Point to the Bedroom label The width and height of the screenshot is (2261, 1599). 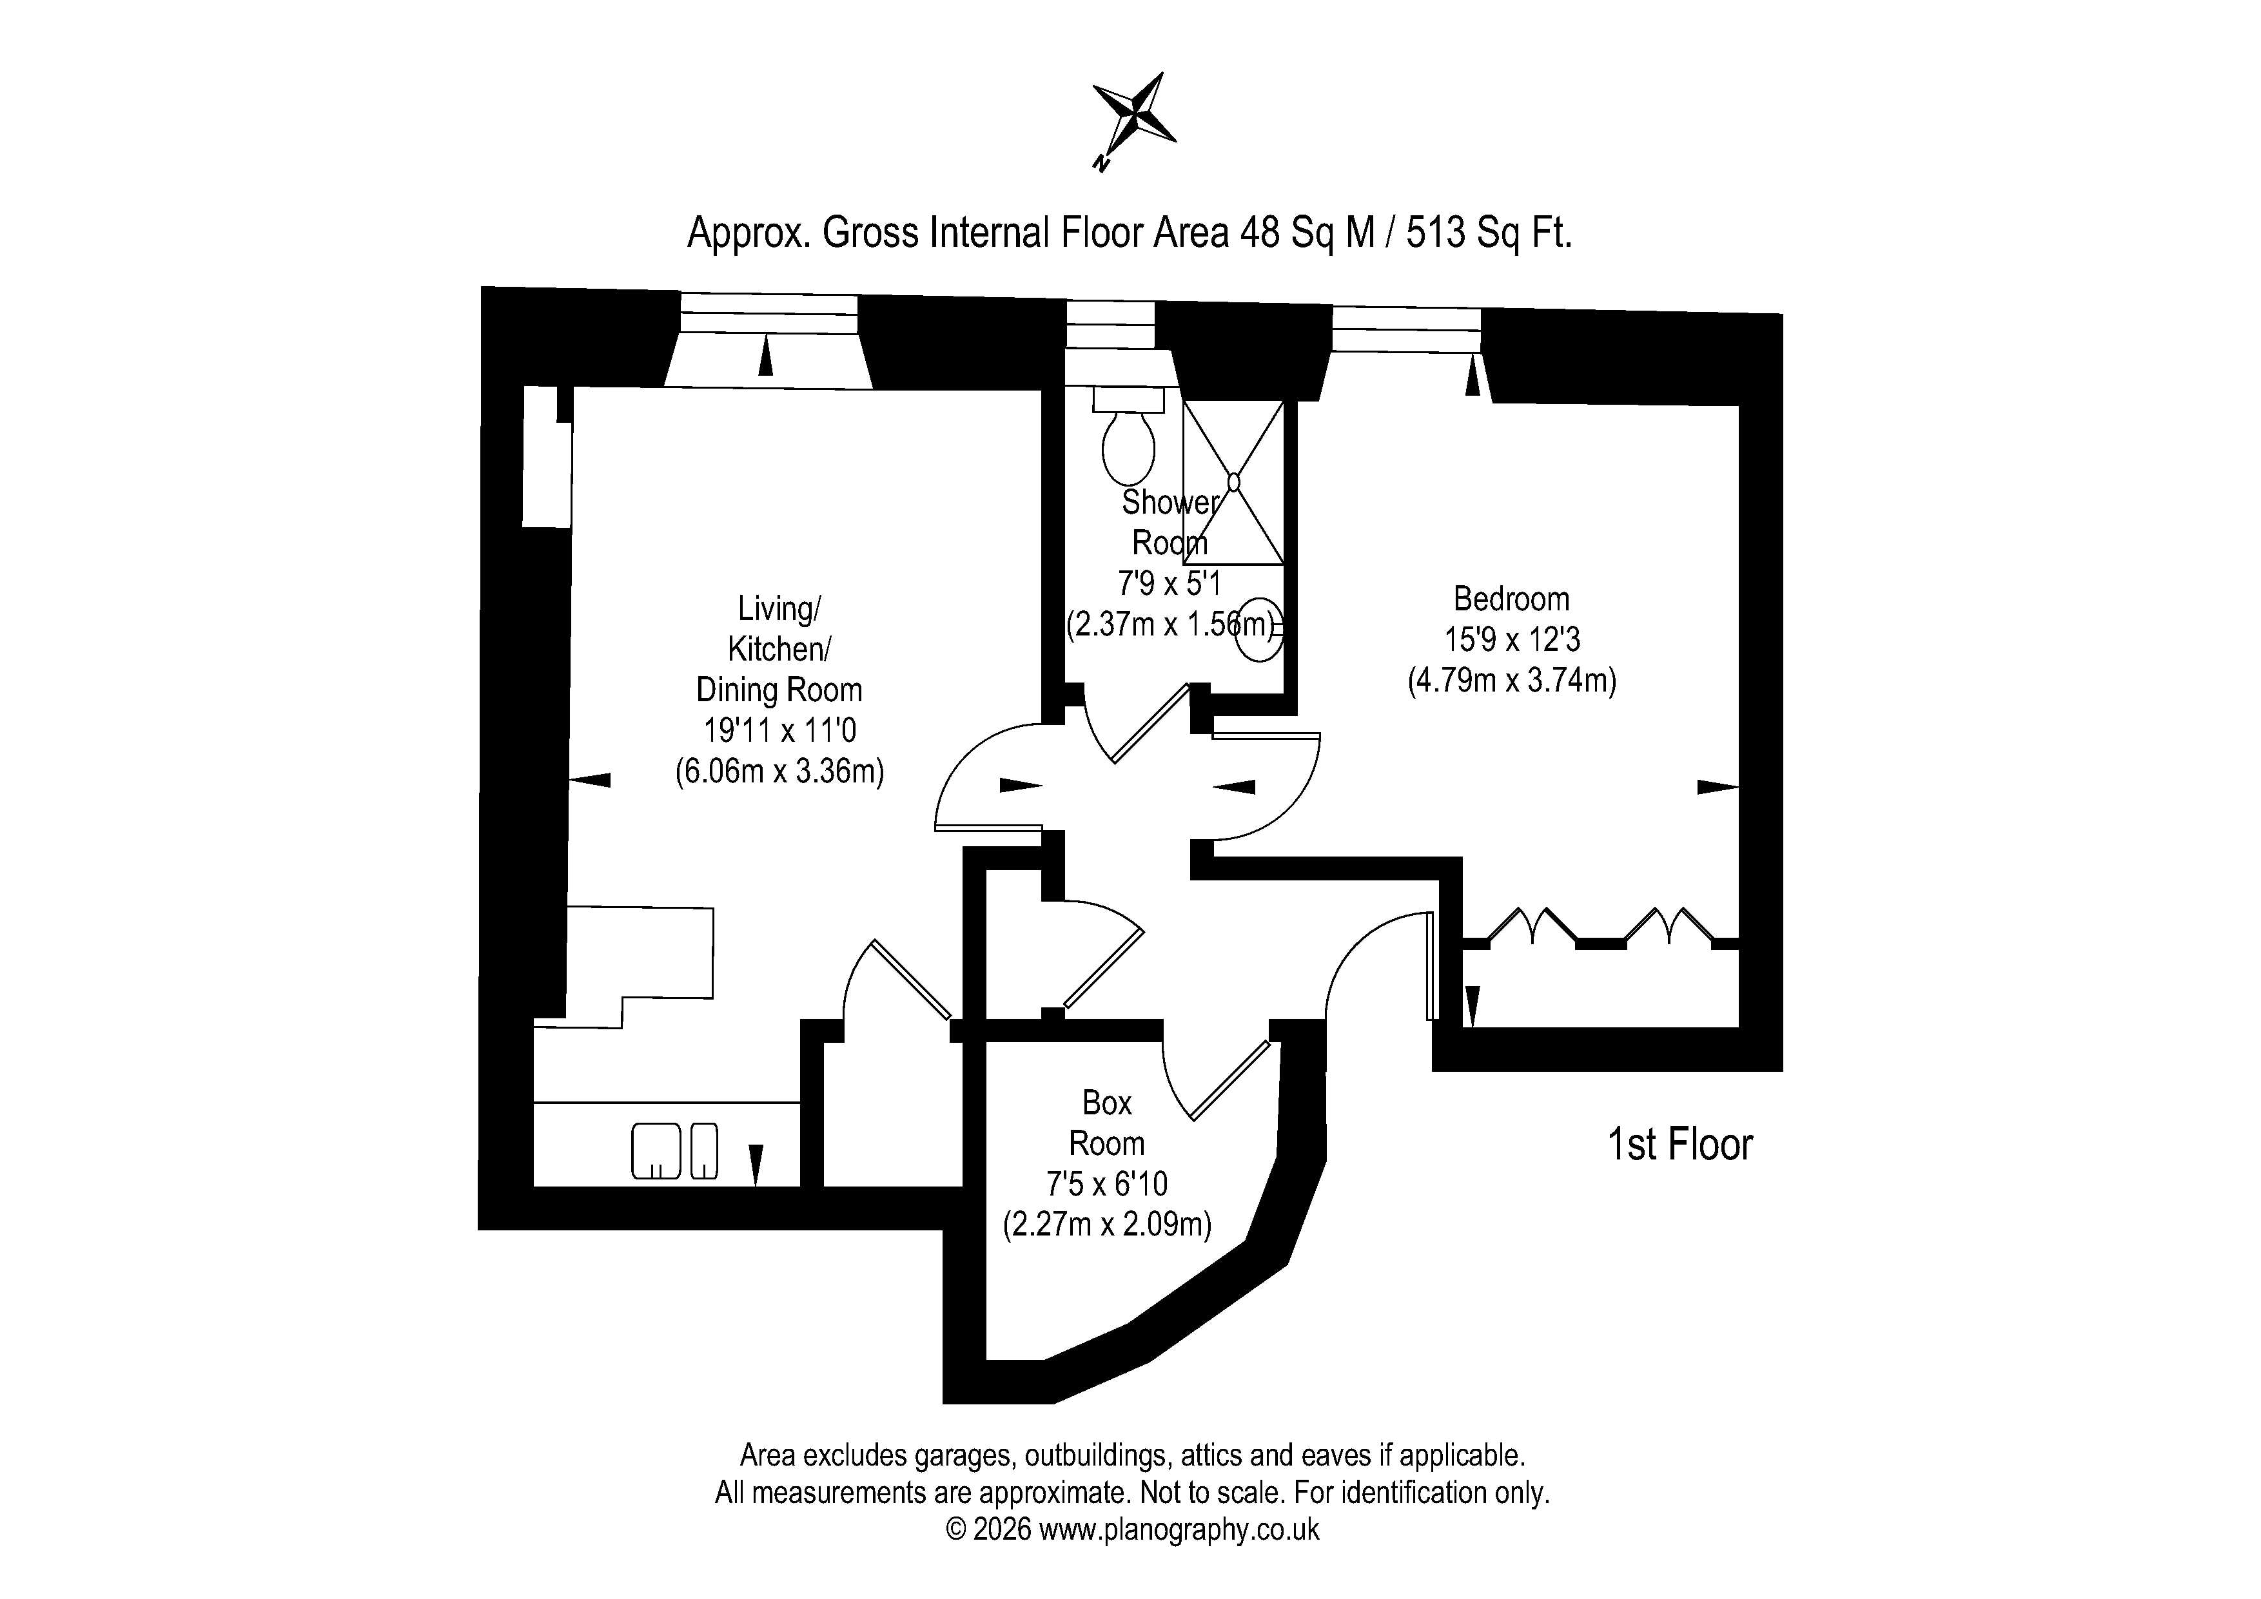[1512, 599]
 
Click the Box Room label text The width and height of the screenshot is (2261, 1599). [1107, 1123]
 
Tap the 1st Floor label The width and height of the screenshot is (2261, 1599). [1680, 1144]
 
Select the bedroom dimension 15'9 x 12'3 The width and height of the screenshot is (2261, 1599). [1512, 640]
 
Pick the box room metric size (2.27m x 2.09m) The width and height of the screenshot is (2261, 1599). [1107, 1225]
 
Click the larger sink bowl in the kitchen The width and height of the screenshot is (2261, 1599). [656, 1151]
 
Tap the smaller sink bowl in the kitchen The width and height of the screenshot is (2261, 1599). [704, 1151]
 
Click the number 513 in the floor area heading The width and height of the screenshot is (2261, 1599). [1436, 233]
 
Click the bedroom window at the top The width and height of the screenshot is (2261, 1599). [1406, 329]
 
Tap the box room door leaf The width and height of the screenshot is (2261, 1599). [1231, 1080]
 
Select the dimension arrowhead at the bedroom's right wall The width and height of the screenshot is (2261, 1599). [1718, 787]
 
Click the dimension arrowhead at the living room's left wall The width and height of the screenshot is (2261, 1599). [590, 780]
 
